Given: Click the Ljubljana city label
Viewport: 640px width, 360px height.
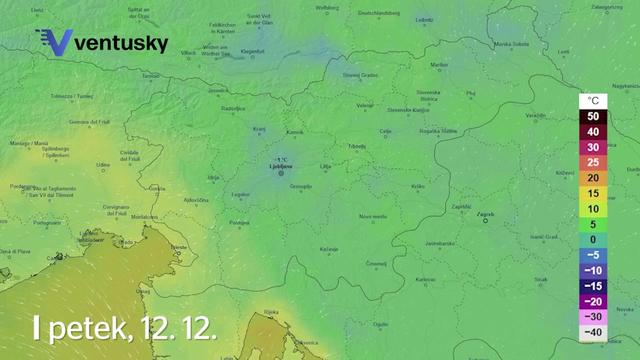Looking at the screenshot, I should click(x=280, y=165).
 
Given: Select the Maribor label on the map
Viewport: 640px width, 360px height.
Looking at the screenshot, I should click(x=438, y=64).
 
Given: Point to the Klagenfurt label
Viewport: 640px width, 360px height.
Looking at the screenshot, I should click(x=252, y=51).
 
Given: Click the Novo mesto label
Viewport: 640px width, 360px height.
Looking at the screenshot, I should click(x=373, y=216).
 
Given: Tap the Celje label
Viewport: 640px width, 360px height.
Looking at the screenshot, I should click(x=386, y=131).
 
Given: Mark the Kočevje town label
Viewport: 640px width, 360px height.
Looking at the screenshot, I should click(x=328, y=248).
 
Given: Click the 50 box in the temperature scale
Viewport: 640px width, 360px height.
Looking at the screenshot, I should click(x=593, y=116).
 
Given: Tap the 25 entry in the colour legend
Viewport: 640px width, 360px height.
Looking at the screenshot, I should click(x=593, y=162).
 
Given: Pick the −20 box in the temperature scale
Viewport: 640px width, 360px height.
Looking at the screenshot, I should click(x=593, y=301).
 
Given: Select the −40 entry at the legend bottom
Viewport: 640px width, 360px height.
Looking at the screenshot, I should click(x=593, y=332).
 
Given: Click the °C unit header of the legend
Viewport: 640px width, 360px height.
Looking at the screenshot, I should click(x=593, y=101).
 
